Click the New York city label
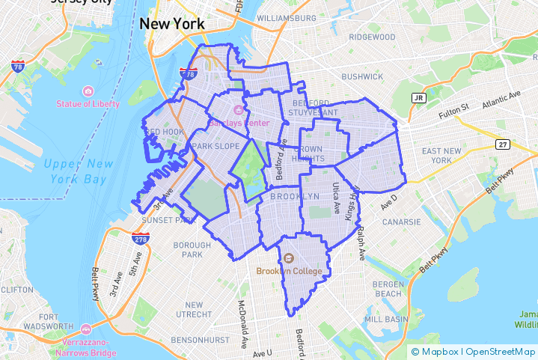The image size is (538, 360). (x=171, y=24)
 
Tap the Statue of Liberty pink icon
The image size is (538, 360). (x=88, y=91)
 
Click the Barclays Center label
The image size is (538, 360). (x=239, y=121)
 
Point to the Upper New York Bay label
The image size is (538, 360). (x=78, y=171)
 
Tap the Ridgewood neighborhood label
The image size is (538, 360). (x=371, y=37)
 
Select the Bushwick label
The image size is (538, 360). (x=361, y=76)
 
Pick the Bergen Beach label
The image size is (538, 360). (x=388, y=289)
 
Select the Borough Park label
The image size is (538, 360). (x=192, y=250)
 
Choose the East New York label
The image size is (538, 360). (x=447, y=156)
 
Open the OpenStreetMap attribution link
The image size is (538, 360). (x=500, y=351)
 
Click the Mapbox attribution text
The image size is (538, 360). (x=439, y=351)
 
